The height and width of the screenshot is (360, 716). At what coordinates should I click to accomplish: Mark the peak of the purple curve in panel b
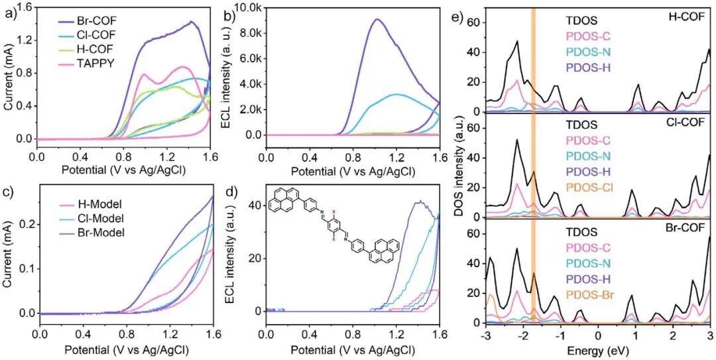(377, 19)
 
